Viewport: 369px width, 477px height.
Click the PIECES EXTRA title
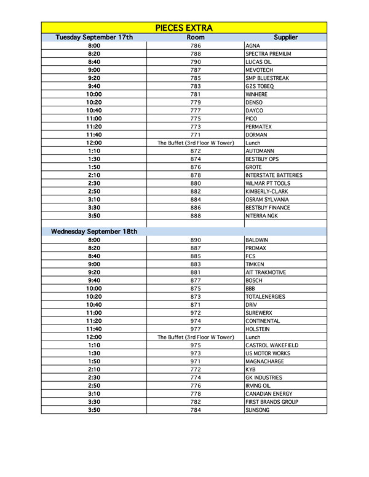[x=184, y=28]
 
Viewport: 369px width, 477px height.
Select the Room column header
[x=196, y=37]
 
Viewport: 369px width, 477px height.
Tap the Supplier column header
[x=285, y=37]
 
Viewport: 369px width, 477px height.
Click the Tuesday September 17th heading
[x=94, y=37]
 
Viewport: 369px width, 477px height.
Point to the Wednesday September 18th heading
[x=94, y=232]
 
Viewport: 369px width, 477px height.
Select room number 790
[x=196, y=62]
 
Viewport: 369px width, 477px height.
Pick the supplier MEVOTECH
[x=259, y=70]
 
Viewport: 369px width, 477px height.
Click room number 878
[x=196, y=175]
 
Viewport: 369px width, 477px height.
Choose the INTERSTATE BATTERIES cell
[x=273, y=175]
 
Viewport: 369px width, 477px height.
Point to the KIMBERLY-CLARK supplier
[x=266, y=191]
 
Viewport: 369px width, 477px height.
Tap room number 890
[x=196, y=240]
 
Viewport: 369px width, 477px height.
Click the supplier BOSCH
[x=254, y=280]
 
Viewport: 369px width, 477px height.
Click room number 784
[x=196, y=410]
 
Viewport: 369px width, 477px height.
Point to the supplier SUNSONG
[x=257, y=410]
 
